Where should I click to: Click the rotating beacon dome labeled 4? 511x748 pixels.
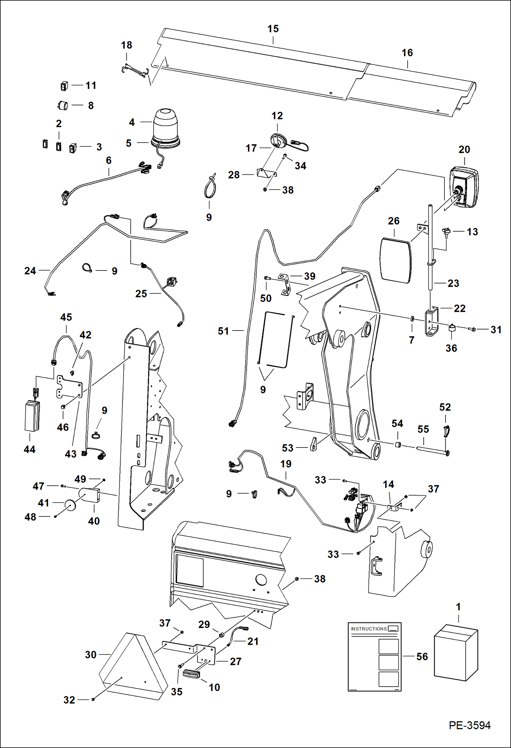(165, 123)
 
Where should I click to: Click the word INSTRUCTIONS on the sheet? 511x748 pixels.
(369, 629)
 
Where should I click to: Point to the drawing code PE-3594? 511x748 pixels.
(469, 725)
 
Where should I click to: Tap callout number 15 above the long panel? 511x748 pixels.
(273, 29)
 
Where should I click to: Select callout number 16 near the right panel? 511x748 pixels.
(407, 53)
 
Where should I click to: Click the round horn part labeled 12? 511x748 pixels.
(279, 141)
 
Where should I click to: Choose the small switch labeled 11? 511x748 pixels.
(64, 86)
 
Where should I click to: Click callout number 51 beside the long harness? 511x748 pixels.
(223, 331)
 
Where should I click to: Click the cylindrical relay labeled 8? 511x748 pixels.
(63, 105)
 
